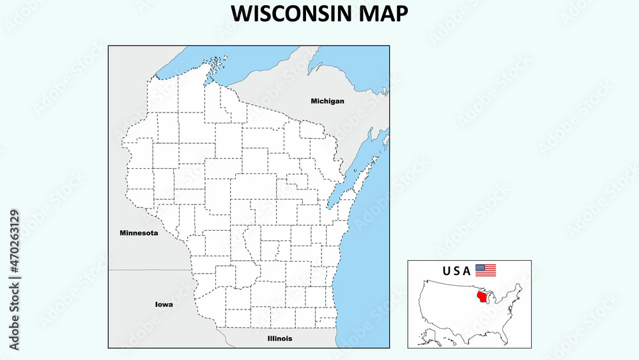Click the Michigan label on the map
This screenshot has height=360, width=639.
tap(327, 101)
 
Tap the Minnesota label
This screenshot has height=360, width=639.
tap(139, 233)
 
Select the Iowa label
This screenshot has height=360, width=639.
tap(164, 304)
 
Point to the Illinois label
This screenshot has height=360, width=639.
tap(280, 338)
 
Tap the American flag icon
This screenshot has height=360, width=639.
tap(486, 270)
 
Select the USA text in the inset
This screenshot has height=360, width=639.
tap(456, 270)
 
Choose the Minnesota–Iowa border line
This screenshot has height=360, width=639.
tap(150, 270)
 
